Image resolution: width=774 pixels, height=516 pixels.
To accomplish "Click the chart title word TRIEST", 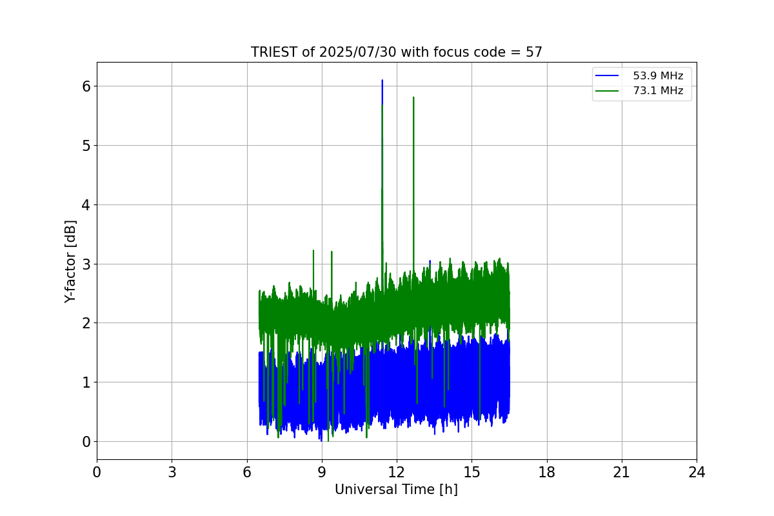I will tap(274, 52).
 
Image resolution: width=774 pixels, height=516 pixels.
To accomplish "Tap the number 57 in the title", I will tap(533, 52).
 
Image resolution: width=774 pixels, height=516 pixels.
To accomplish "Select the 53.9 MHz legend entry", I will tap(658, 76).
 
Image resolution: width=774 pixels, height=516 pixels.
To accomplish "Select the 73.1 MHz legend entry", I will tap(658, 91).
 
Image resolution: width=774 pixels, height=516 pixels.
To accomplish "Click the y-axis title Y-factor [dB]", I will tap(70, 261).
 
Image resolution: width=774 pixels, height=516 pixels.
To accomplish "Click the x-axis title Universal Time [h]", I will tap(396, 490).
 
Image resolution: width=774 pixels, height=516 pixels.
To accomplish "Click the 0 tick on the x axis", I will tap(97, 472).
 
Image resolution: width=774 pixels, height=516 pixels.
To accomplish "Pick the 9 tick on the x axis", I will tap(322, 472).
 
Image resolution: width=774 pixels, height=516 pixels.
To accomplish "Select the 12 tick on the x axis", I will tap(397, 472).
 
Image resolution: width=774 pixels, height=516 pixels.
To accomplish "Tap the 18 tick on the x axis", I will tap(547, 472).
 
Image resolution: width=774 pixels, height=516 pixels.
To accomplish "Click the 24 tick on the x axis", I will tap(697, 472).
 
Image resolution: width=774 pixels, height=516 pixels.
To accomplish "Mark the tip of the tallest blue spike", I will tap(382, 81).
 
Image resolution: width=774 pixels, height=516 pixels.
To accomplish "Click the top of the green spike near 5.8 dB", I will tap(413, 97).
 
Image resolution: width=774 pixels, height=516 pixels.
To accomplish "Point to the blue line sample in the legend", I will tap(607, 76).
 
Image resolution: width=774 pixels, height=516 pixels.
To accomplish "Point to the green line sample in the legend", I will tap(607, 91).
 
